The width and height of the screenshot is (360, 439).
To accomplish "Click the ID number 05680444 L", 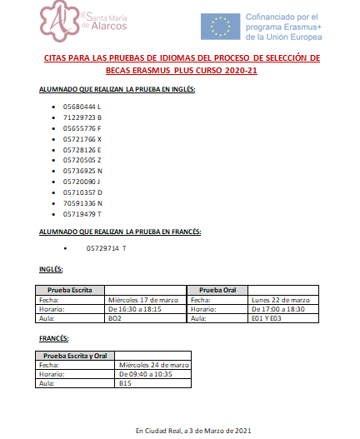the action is pyautogui.click(x=82, y=108).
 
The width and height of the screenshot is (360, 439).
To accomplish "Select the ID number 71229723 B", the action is pyautogui.click(x=82, y=119).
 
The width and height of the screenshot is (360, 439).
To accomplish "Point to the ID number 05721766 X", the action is pyautogui.click(x=82, y=140).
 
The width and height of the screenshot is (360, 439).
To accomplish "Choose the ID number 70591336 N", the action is pyautogui.click(x=82, y=203).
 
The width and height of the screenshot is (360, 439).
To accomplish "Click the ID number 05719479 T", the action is pyautogui.click(x=82, y=214).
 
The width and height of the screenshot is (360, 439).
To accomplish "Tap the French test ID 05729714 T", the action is pyautogui.click(x=107, y=248).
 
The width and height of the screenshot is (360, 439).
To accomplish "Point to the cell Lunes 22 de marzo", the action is pyautogui.click(x=280, y=300).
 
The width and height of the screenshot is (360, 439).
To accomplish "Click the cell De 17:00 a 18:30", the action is pyautogui.click(x=281, y=309).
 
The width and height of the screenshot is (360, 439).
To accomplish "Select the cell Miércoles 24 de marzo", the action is pyautogui.click(x=155, y=365).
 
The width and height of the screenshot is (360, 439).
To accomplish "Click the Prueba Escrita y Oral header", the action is pyautogui.click(x=75, y=356).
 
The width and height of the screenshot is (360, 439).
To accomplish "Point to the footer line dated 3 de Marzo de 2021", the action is pyautogui.click(x=192, y=430).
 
